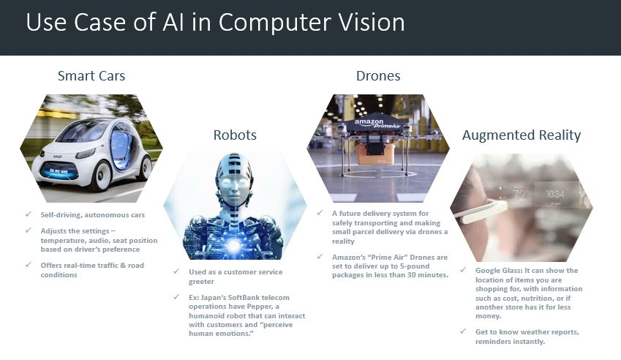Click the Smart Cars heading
(x=91, y=75)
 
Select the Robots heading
(x=235, y=135)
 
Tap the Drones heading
(x=378, y=75)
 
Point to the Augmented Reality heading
(x=522, y=135)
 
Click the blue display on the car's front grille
(x=59, y=172)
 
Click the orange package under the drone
(x=375, y=154)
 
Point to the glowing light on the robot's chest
(x=234, y=245)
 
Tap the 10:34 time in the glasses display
(x=555, y=194)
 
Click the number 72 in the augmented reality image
(x=519, y=195)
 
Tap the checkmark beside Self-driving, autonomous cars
(x=28, y=214)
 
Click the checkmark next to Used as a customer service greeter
(x=176, y=271)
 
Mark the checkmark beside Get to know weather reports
(x=463, y=331)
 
